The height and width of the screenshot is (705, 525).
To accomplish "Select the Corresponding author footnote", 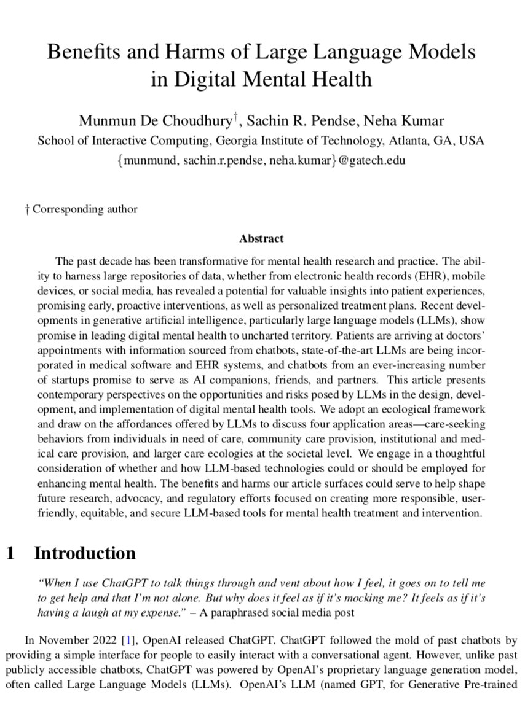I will pyautogui.click(x=85, y=209).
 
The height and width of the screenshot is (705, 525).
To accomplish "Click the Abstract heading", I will pyautogui.click(x=261, y=238).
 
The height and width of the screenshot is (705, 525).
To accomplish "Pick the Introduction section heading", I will pyautogui.click(x=84, y=553).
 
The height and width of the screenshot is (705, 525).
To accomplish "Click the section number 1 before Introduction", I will pyautogui.click(x=10, y=553).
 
